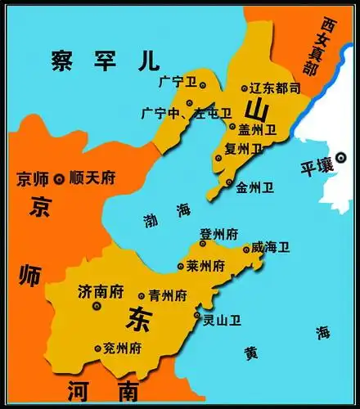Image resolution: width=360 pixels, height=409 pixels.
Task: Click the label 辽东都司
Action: [x=276, y=88]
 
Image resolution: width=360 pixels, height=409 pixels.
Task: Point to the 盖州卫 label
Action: [x=259, y=128]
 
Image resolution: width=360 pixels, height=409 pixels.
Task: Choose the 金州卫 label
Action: [x=254, y=187]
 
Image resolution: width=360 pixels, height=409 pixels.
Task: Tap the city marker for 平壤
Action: [x=340, y=162]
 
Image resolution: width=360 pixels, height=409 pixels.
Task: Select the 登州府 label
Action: [x=219, y=234]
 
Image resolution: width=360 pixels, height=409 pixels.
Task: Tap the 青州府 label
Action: [x=167, y=294]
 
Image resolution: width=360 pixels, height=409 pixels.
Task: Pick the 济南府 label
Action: [x=100, y=290]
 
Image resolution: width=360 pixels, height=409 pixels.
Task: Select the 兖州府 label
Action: [x=122, y=348]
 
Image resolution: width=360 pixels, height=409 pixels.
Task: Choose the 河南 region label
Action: [x=102, y=390]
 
